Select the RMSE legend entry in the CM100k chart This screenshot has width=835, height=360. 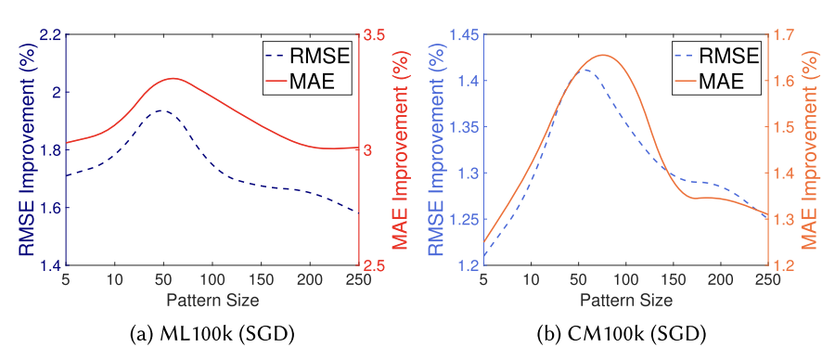pos(709,58)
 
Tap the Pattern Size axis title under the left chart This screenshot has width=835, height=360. pos(212,300)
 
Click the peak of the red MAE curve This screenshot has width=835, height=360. pos(173,79)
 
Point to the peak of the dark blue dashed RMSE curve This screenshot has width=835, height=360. pos(162,110)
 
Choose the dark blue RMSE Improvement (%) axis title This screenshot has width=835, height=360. pos(20,150)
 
